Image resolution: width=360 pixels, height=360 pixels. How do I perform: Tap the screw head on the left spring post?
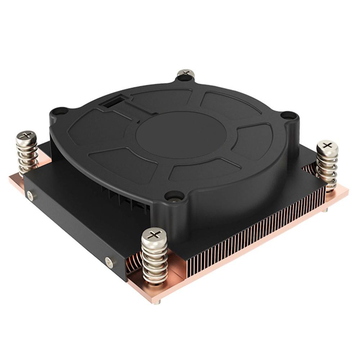click(26, 136)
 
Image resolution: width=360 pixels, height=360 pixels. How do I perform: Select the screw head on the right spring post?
click(327, 145)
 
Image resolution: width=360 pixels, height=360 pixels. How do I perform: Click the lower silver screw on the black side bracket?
click(109, 262)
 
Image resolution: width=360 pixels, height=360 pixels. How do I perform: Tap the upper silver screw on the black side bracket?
click(30, 196)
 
